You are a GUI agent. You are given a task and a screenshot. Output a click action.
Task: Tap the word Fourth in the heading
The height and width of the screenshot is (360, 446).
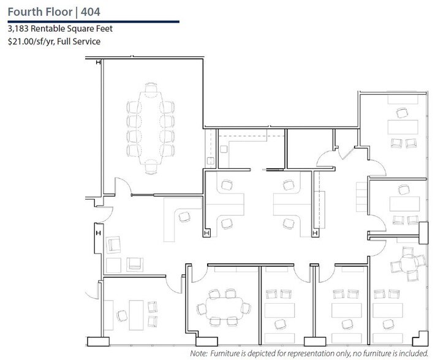tap(26, 11)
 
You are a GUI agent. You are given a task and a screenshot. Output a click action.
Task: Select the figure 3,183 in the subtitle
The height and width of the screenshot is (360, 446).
tap(18, 29)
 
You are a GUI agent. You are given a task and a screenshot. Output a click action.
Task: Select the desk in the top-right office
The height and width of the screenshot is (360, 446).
tap(401, 128)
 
